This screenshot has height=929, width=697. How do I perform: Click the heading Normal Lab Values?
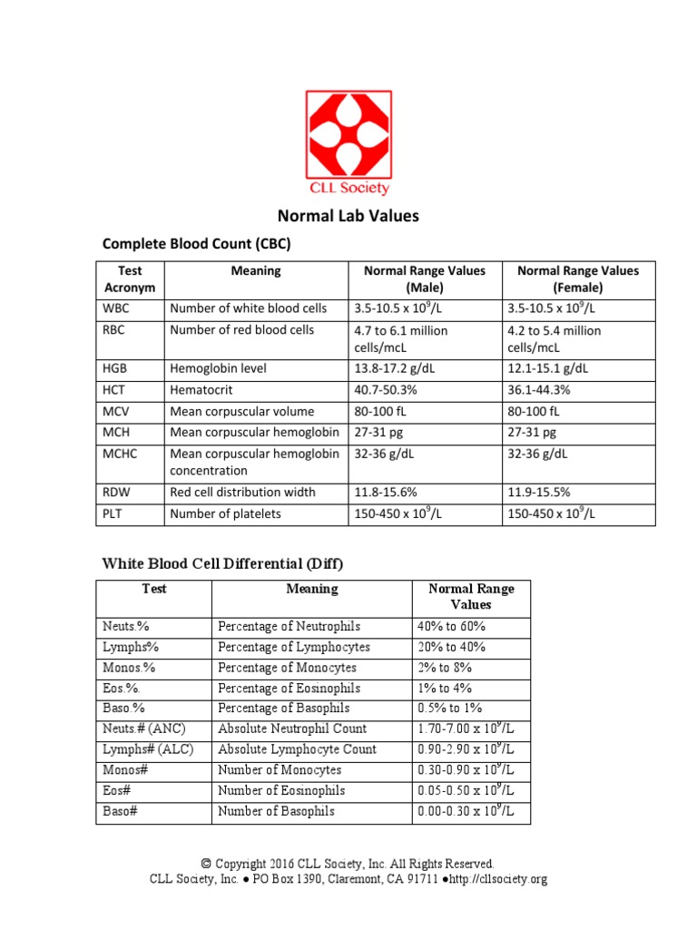[x=348, y=216]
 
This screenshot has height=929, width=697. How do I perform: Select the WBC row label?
[x=116, y=308]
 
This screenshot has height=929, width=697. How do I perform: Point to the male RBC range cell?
[x=400, y=338]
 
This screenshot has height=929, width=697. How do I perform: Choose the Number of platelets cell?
[x=225, y=513]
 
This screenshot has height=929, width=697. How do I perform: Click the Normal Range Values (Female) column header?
[x=577, y=279]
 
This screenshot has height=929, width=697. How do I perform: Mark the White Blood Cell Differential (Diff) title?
[x=221, y=563]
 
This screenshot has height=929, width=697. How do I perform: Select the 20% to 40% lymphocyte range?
[x=451, y=647]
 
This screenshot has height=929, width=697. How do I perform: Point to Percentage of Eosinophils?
[x=289, y=688]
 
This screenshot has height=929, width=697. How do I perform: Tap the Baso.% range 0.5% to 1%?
[x=449, y=708]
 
